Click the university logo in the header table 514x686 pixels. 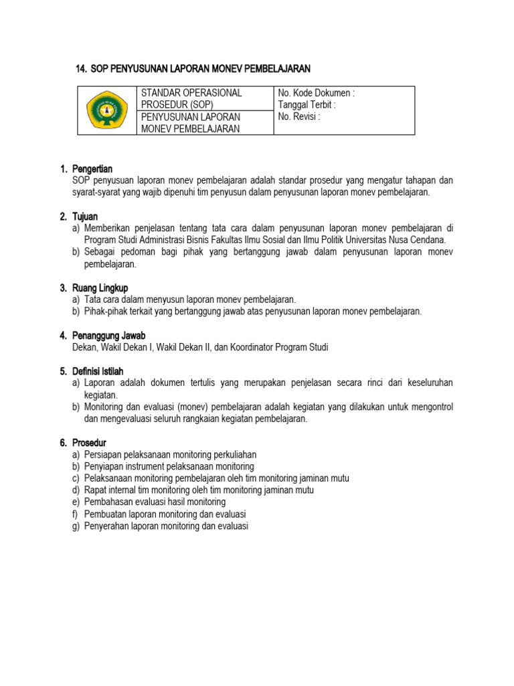[106, 111]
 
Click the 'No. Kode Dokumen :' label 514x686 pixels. [316, 93]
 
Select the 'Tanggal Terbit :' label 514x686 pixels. [307, 105]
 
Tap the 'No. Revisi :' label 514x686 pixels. [299, 116]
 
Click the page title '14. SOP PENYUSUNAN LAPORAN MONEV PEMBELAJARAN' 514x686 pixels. [193, 68]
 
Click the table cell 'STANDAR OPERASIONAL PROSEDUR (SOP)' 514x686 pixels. [191, 98]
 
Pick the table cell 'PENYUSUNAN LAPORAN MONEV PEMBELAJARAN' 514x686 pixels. [191, 123]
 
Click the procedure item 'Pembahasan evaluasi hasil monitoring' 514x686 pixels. [155, 502]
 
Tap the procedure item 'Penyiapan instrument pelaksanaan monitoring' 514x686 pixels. [169, 466]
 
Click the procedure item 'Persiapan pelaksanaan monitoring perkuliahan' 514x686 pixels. [170, 454]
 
